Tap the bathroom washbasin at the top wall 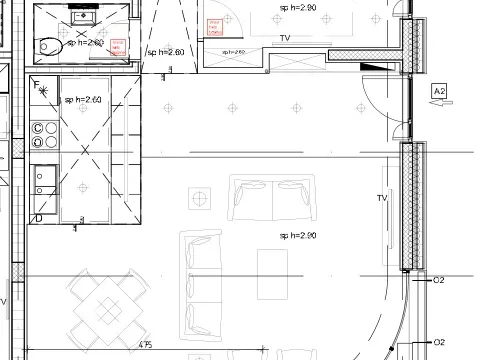pyautogui.click(x=81, y=18)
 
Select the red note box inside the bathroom pyautogui.click(x=117, y=45)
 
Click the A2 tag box pyautogui.click(x=438, y=92)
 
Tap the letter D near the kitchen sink pyautogui.click(x=38, y=217)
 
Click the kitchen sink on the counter pyautogui.click(x=44, y=180)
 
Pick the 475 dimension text pyautogui.click(x=145, y=345)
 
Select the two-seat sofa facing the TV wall pyautogui.click(x=272, y=200)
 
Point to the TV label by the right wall pyautogui.click(x=381, y=198)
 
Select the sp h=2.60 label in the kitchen pyautogui.click(x=84, y=100)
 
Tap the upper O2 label pyautogui.click(x=438, y=281)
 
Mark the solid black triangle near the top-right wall pyautogui.click(x=371, y=67)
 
